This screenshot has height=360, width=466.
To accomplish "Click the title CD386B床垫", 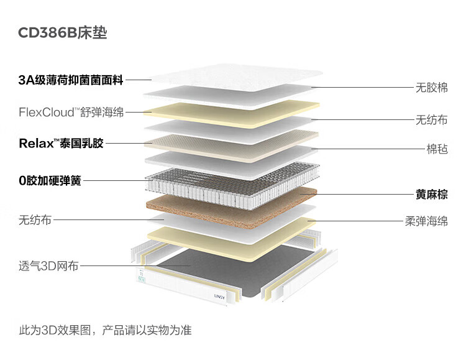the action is tap(63, 33).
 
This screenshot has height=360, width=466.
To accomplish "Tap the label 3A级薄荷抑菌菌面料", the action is tap(71, 80).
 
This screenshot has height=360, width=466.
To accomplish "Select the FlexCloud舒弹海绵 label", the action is tap(71, 113).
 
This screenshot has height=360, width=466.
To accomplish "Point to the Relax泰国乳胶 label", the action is tap(61, 144).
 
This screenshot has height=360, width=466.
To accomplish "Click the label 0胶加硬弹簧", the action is tap(50, 181).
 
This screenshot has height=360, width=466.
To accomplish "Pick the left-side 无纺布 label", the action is tap(35, 219).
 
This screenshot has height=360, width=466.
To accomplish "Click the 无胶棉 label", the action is tap(431, 88).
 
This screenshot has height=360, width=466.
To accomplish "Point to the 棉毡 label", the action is tap(437, 149).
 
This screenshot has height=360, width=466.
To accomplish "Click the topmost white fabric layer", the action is tap(230, 78).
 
